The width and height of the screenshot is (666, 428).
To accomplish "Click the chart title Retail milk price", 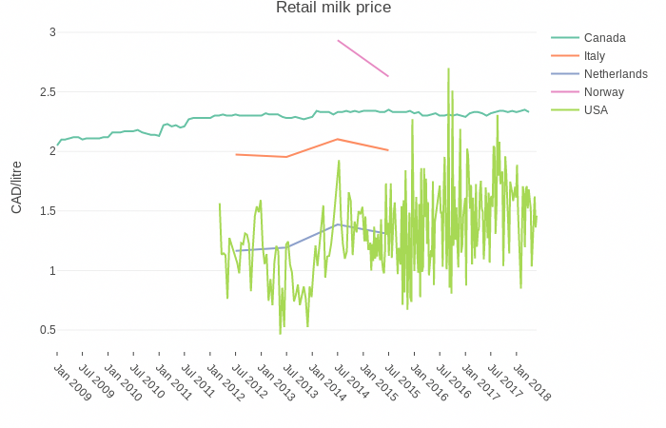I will point(333,9).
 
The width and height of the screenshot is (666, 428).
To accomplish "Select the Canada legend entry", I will point(604,38).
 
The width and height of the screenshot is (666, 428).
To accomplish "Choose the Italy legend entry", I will point(596,56).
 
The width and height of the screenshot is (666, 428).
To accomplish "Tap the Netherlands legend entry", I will point(616,74).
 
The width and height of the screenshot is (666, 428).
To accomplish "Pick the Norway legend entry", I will point(603,92).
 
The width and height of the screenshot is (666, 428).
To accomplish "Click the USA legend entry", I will point(596,110).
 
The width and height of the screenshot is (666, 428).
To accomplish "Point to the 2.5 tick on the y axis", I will point(47,92).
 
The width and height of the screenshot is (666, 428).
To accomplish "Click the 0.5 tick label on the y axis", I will point(47,330).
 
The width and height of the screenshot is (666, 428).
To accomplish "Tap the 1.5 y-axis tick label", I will point(47,211).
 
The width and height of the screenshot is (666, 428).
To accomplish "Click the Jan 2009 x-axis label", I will point(72,381).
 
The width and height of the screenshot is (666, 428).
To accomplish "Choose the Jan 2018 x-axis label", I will point(532,381).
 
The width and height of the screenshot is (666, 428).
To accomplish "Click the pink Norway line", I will point(362,58).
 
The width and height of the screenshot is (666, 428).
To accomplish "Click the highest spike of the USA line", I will point(447,68).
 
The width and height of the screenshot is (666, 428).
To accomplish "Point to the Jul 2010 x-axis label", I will point(148,381).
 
